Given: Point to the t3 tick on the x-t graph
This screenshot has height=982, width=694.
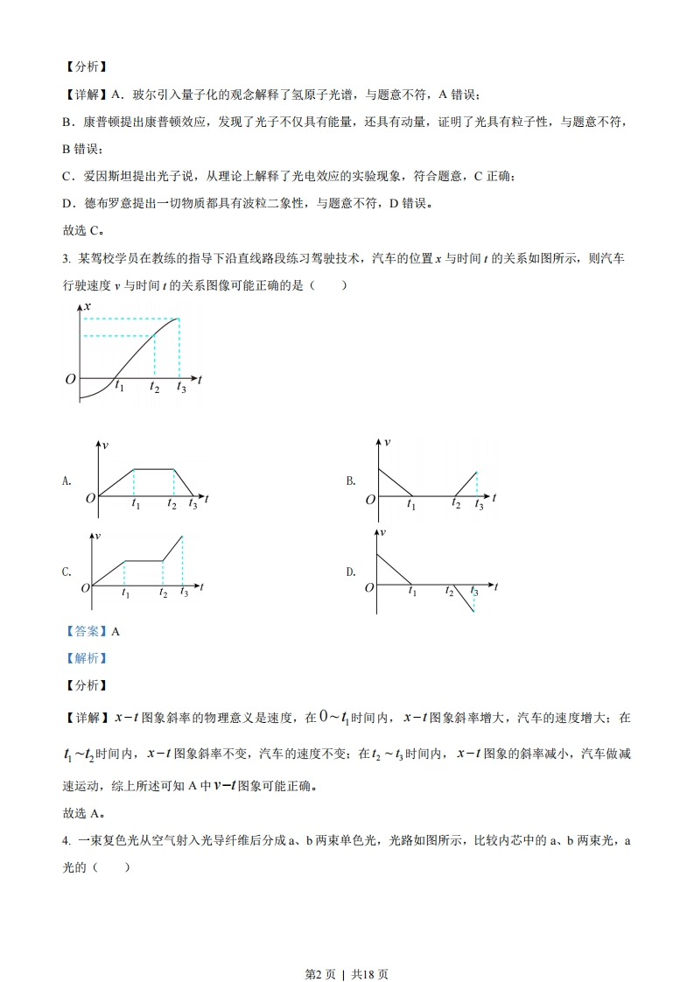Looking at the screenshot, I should pyautogui.click(x=181, y=388).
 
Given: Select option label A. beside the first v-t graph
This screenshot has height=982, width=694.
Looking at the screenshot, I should pyautogui.click(x=67, y=480).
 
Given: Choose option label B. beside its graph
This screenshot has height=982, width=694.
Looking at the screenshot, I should pyautogui.click(x=350, y=480).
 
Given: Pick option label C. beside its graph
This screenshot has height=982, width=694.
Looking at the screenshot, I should pyautogui.click(x=67, y=572).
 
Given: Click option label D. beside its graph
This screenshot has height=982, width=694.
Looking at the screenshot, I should pyautogui.click(x=350, y=572).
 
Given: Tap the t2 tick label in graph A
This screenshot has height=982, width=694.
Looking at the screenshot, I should pyautogui.click(x=172, y=505).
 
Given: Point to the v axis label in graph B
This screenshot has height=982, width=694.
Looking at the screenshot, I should pyautogui.click(x=387, y=442).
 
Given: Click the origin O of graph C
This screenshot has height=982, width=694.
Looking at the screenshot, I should pyautogui.click(x=86, y=588).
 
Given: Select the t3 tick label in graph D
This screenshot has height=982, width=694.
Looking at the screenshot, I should pyautogui.click(x=474, y=593).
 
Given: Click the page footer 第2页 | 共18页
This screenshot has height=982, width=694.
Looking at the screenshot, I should pyautogui.click(x=347, y=950).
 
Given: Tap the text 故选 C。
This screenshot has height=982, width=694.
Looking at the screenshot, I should pyautogui.click(x=84, y=232).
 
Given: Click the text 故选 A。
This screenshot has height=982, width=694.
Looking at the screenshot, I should pyautogui.click(x=84, y=813).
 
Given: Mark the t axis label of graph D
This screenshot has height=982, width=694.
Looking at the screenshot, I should pyautogui.click(x=495, y=586).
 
